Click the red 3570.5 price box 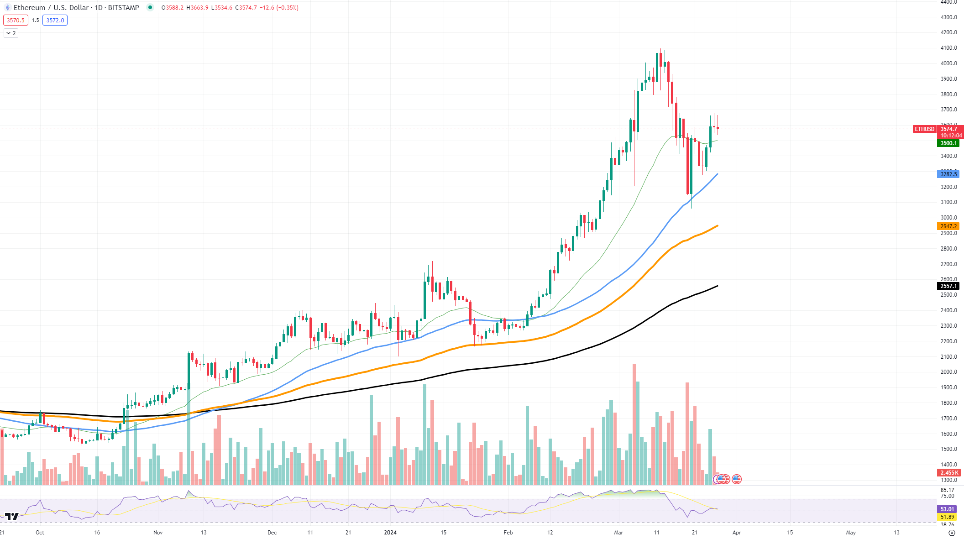coord(16,20)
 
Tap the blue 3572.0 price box coord(55,20)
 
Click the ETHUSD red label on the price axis coord(924,129)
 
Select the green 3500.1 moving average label coord(948,143)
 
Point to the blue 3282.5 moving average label coord(948,174)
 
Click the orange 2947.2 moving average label coord(948,226)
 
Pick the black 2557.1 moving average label coord(948,286)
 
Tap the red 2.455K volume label coord(949,473)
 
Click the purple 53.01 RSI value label coord(947,509)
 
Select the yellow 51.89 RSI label coord(947,517)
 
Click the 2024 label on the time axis coord(390,533)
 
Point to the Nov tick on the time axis coord(158,533)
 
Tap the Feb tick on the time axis coord(508,533)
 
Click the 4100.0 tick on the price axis coord(948,48)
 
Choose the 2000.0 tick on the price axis coord(948,372)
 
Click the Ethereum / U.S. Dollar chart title coord(51,8)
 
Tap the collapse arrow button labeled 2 coord(11,33)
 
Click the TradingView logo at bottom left coord(12,516)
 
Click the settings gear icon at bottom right coord(952,533)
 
